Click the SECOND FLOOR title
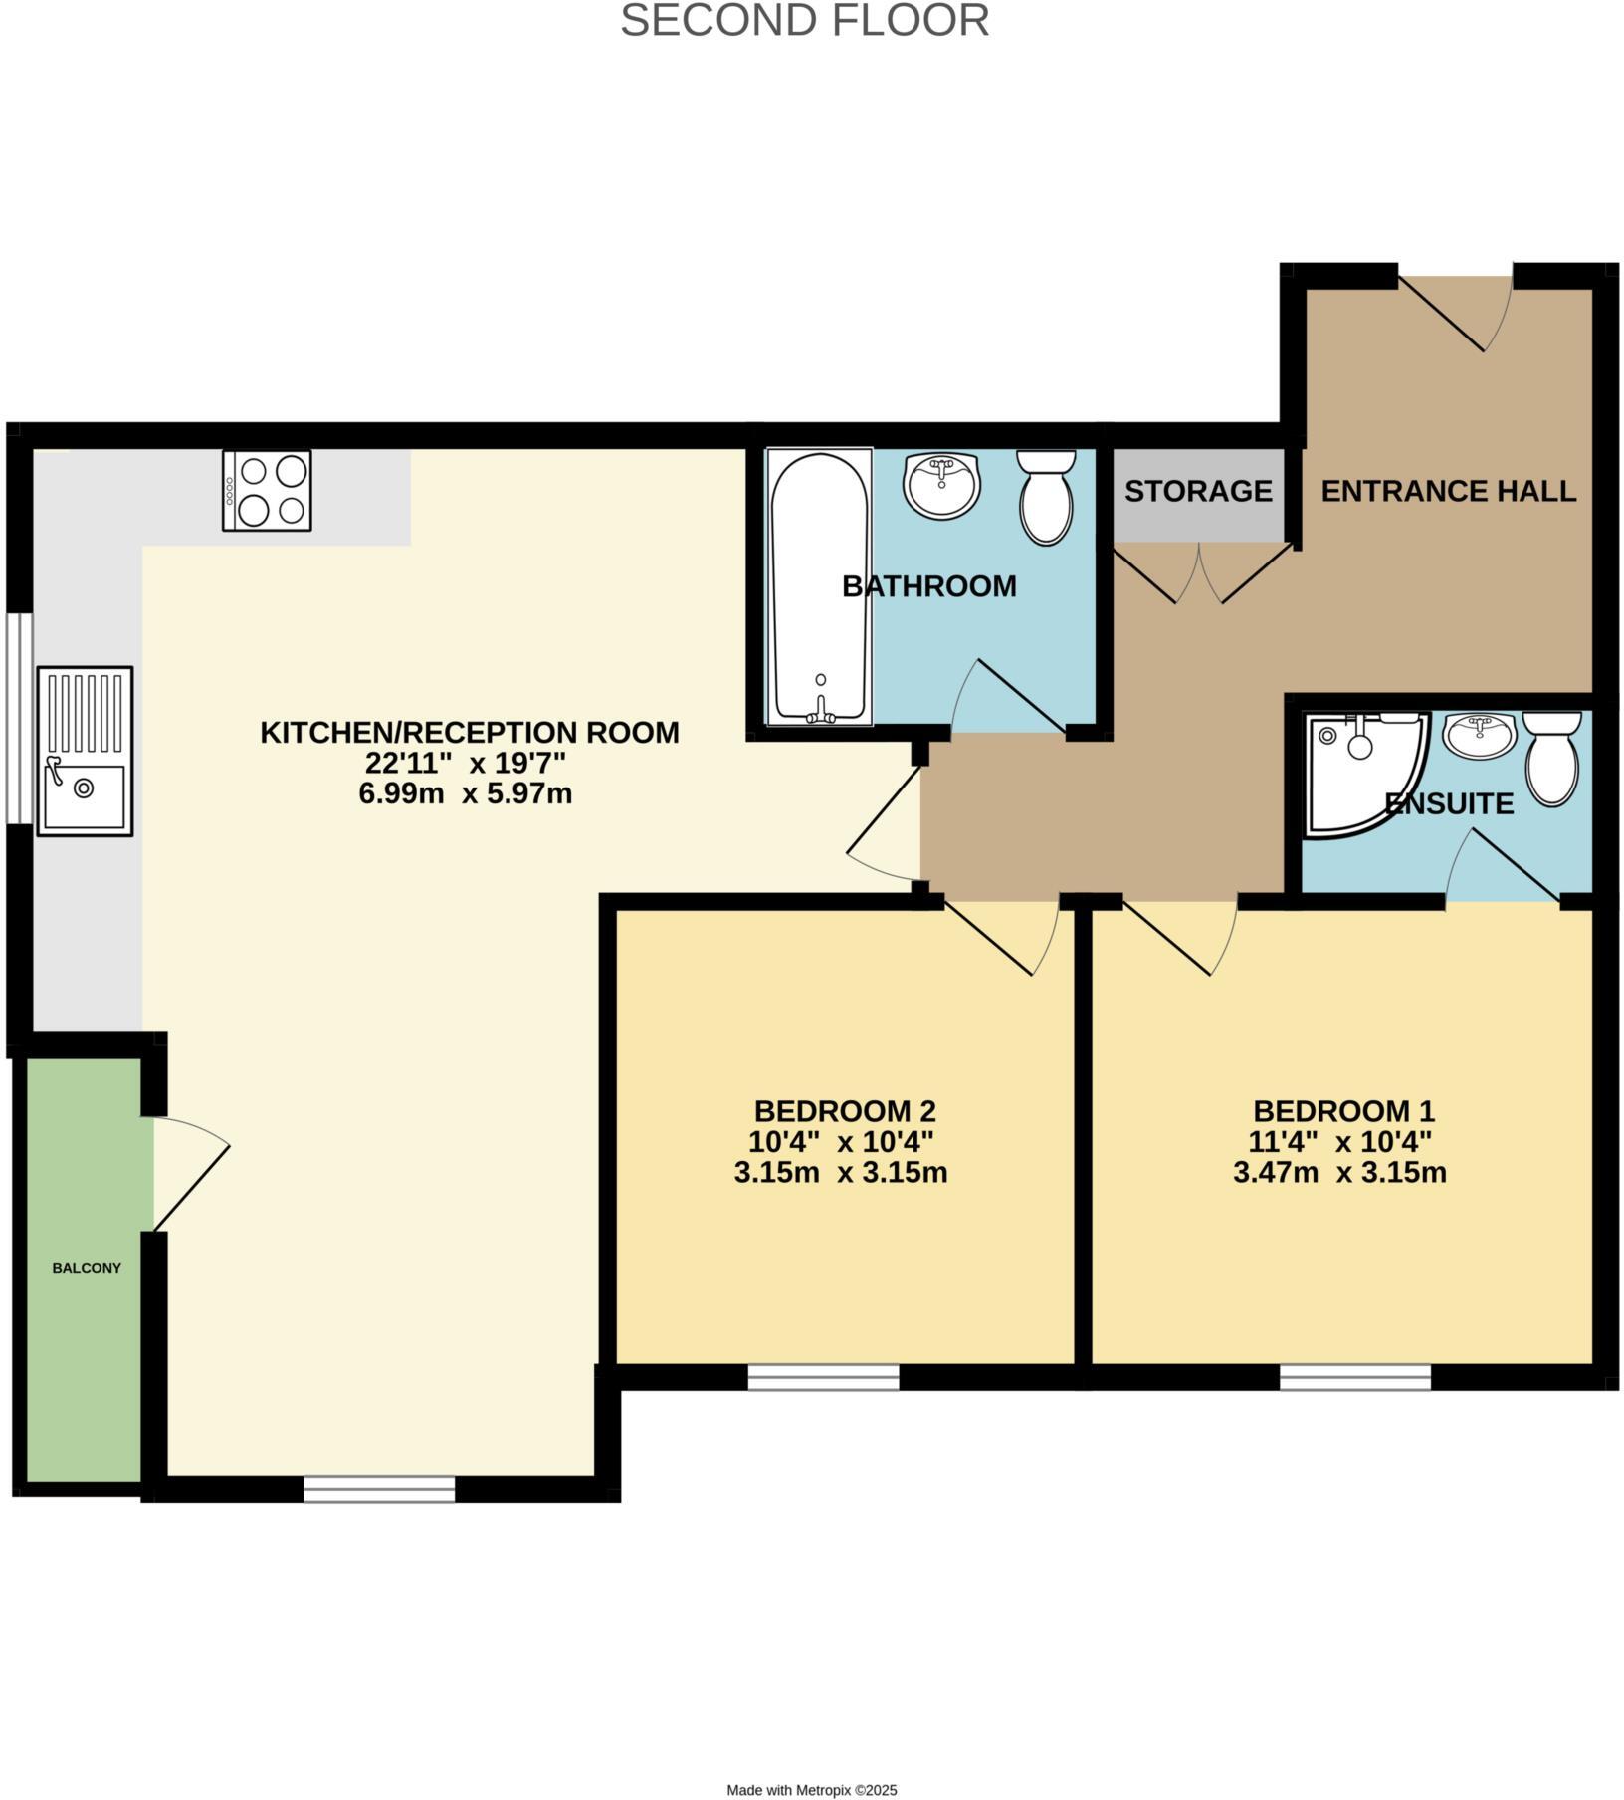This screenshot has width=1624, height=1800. click(x=804, y=21)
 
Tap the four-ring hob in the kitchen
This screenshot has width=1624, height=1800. click(x=267, y=490)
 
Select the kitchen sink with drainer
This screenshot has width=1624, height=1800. click(x=85, y=751)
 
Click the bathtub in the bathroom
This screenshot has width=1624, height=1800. click(x=819, y=586)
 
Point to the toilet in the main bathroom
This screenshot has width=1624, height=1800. click(x=1046, y=497)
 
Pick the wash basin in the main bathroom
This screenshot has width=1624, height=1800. click(x=942, y=484)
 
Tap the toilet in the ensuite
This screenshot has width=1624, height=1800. click(x=1552, y=757)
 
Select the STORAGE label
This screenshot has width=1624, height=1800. click(x=1198, y=491)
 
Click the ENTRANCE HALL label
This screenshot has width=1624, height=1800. click(x=1448, y=491)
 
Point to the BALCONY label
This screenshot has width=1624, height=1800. click(x=87, y=1268)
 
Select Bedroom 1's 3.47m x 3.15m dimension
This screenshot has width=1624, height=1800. click(x=1339, y=1173)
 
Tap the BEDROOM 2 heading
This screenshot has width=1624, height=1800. click(x=844, y=1110)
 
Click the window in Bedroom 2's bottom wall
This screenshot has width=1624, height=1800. click(x=823, y=1377)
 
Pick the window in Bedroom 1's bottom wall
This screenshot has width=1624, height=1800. click(x=1354, y=1377)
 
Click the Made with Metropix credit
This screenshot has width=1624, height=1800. click(x=812, y=1789)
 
